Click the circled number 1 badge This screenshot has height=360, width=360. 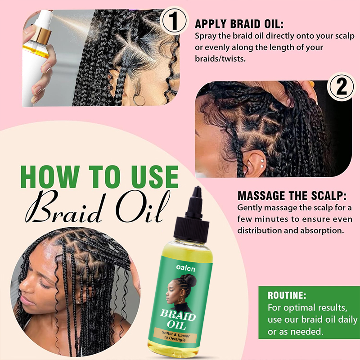point(174,21)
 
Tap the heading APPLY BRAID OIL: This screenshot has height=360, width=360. point(239,24)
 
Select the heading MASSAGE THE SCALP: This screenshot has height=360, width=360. point(292,196)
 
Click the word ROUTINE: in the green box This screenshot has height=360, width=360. point(287,296)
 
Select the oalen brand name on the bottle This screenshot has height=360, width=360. point(185,268)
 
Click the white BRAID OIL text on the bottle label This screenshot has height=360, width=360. point(177,319)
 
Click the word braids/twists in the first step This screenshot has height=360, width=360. point(220,59)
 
